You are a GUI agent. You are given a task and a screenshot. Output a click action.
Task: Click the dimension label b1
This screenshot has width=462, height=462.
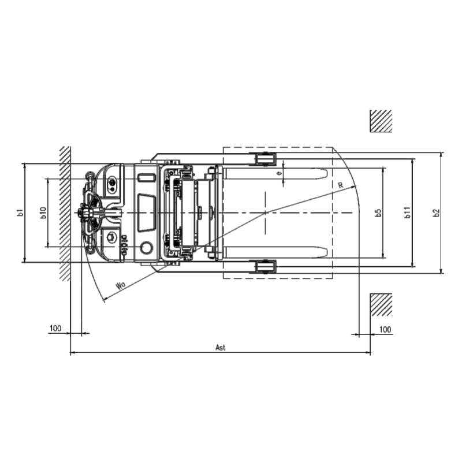pyautogui.click(x=20, y=213)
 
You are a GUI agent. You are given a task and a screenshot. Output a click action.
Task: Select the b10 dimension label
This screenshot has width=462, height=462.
pyautogui.click(x=43, y=213)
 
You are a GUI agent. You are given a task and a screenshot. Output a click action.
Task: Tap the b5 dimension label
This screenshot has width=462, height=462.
pyautogui.click(x=378, y=213)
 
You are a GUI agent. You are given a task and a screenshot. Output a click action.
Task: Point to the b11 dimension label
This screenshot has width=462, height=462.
pyautogui.click(x=407, y=213)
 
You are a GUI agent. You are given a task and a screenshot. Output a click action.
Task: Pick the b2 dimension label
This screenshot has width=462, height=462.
pyautogui.click(x=437, y=213)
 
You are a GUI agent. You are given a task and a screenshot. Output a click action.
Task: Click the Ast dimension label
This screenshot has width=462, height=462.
pyautogui.click(x=221, y=348)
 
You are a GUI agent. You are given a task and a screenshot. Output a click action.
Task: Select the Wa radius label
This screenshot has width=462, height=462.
pyautogui.click(x=121, y=285)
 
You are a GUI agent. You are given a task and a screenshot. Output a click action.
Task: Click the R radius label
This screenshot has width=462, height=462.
pyautogui.click(x=341, y=185)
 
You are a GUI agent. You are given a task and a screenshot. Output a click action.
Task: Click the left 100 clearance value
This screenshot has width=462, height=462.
pyautogui.click(x=55, y=328)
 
